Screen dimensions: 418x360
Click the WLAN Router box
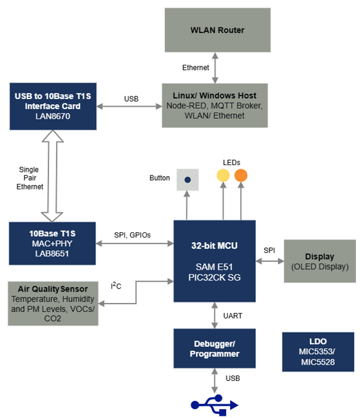pos(217,30)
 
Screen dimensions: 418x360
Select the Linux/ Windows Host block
pos(214,105)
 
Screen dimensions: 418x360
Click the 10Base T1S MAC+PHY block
pos(52,243)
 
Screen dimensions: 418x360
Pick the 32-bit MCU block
pos(214,260)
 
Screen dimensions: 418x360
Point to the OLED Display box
pos(320,261)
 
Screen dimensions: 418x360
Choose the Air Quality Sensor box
pos(52,304)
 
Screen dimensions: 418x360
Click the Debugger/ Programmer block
pos(214,348)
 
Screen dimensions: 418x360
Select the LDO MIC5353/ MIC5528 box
pos(318,351)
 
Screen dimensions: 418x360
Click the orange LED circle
pos(241,175)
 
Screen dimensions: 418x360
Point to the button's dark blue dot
pos(187,179)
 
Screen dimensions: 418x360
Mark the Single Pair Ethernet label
pos(29,178)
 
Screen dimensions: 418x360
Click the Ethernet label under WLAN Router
pos(195,68)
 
